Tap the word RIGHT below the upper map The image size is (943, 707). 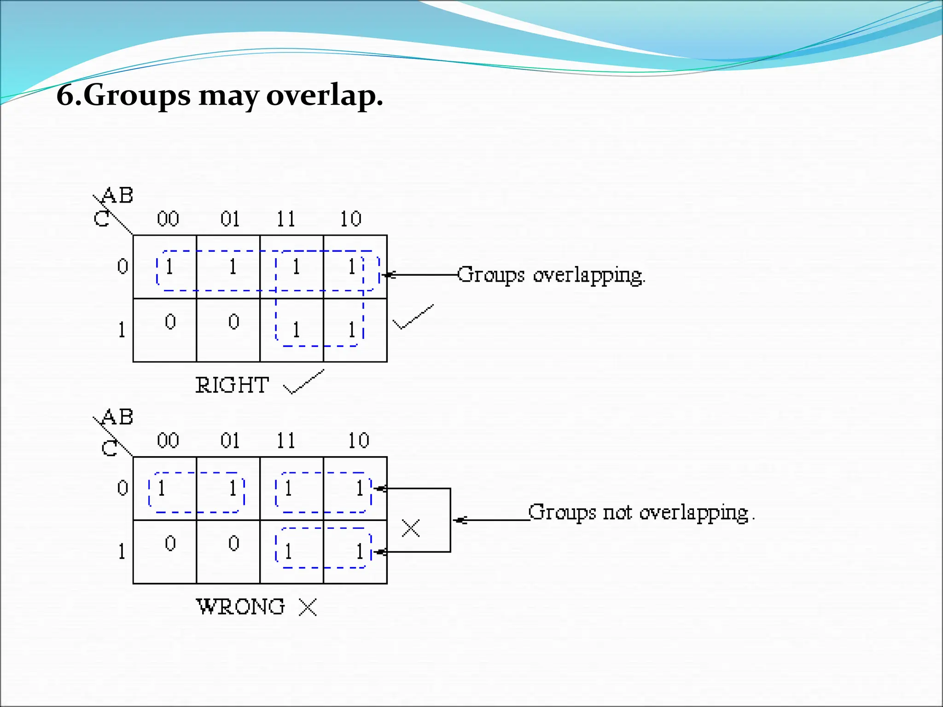point(232,385)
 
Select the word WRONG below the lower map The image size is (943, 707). point(240,607)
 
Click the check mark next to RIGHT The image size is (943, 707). point(304,382)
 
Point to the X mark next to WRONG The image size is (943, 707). point(308,607)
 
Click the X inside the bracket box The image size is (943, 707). point(411,528)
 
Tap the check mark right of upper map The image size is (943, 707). point(413,317)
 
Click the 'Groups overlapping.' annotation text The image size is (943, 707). point(552,275)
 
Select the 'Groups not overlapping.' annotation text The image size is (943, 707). point(640,512)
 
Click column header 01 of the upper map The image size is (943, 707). point(230,219)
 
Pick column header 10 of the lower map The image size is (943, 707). point(358,440)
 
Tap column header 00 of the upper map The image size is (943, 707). point(168,219)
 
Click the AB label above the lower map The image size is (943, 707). point(117,417)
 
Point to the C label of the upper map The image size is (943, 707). point(102,219)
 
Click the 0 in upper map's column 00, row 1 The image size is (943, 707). point(170,321)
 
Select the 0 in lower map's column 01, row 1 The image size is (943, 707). point(234,543)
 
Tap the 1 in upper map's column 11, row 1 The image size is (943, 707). point(296,330)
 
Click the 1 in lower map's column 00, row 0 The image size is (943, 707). point(161,488)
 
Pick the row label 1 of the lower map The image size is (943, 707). point(122,551)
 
